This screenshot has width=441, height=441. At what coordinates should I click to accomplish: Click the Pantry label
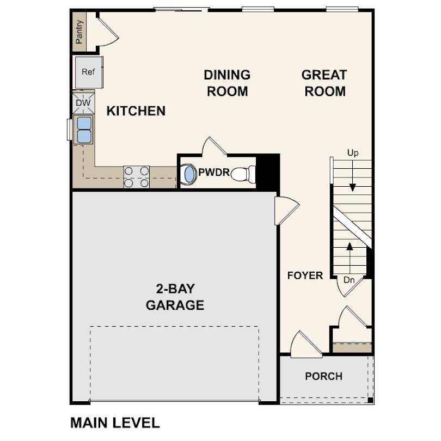coord(79,32)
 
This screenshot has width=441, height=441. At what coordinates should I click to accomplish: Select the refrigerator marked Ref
coord(88,72)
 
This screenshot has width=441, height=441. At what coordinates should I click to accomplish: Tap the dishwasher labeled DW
coord(83,103)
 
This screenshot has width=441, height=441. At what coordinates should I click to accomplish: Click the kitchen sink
coord(84,130)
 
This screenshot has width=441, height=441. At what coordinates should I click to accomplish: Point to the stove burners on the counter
coord(136,177)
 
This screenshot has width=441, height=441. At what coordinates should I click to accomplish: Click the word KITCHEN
coord(136,111)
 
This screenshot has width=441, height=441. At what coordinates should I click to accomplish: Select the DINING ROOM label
coord(227,83)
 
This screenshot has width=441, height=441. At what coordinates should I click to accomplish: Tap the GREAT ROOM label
coord(324,83)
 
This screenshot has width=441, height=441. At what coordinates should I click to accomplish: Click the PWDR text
coord(213,173)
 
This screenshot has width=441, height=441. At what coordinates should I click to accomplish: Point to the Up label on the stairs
coord(353,153)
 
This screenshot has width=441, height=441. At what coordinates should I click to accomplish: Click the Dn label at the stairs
coord(350,280)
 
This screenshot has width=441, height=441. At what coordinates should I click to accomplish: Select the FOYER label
coord(305,275)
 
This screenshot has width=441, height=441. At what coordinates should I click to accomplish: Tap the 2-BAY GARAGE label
coord(175,297)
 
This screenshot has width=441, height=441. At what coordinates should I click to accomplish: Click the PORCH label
coord(323,376)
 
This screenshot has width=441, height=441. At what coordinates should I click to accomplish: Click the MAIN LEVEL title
coord(114,422)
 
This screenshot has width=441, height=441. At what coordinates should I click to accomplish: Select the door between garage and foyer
coord(286,210)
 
